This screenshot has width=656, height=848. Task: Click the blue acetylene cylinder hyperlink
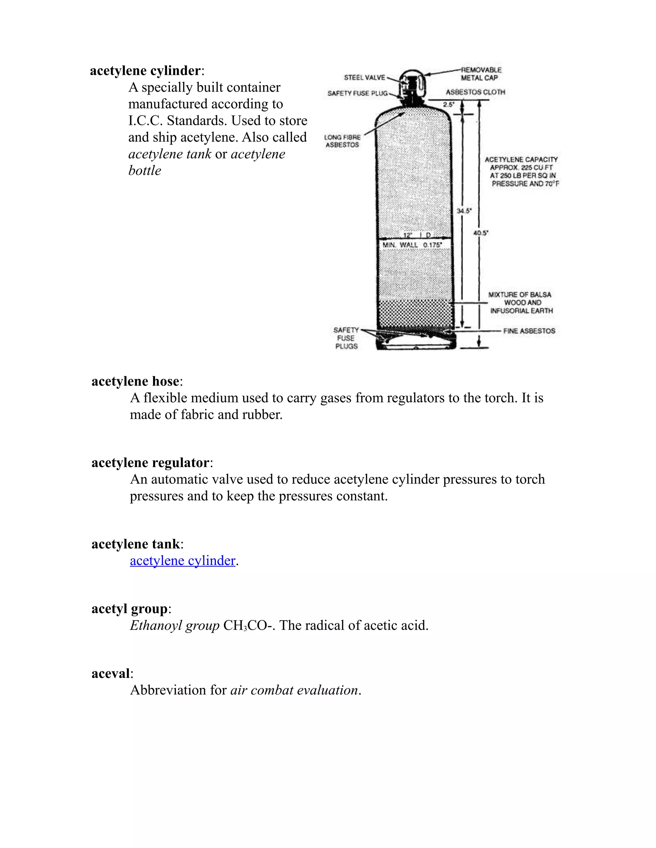click(x=183, y=561)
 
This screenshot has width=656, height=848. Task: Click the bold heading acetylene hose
click(x=135, y=381)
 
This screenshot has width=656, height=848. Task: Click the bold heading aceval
click(x=111, y=673)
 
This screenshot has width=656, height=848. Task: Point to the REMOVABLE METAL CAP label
click(x=481, y=74)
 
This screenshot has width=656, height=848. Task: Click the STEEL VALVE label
click(x=364, y=78)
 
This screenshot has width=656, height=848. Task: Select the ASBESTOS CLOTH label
click(x=475, y=92)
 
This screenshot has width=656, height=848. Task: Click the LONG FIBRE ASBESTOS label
click(x=342, y=141)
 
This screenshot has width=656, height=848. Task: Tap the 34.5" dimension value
click(x=463, y=211)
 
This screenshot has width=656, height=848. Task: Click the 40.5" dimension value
click(x=481, y=233)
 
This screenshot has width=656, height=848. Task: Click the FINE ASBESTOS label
click(x=529, y=331)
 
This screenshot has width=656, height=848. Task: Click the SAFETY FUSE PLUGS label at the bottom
click(x=346, y=338)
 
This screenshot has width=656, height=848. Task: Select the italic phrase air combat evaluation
click(x=294, y=690)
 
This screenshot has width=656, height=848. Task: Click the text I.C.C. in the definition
click(x=146, y=121)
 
